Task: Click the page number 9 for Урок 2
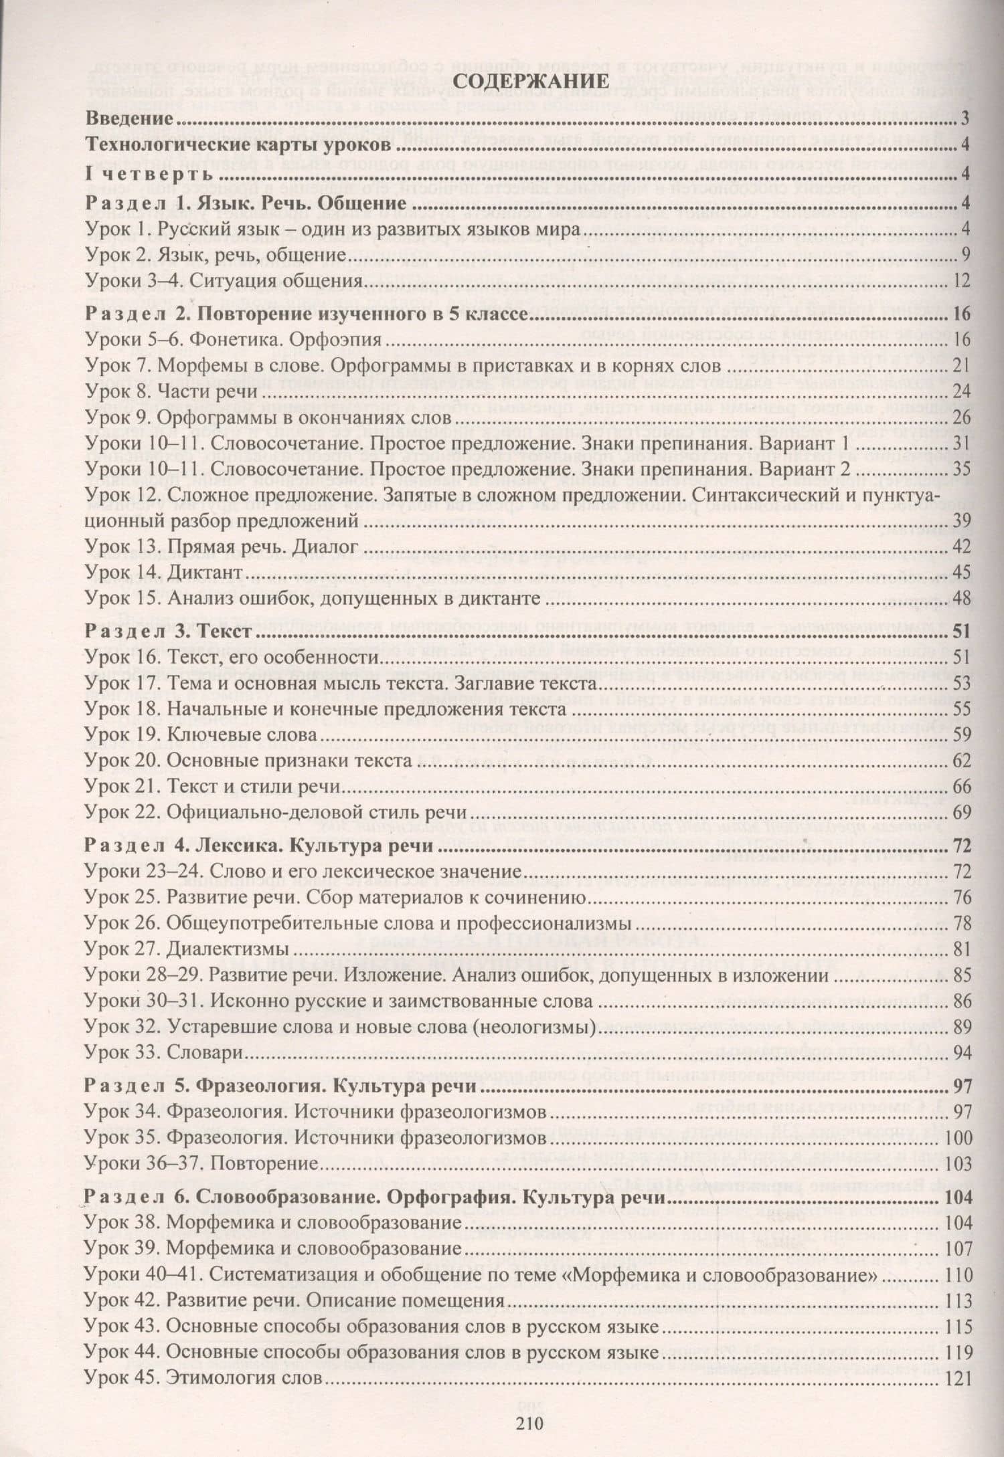(965, 256)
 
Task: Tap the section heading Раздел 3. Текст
(170, 632)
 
